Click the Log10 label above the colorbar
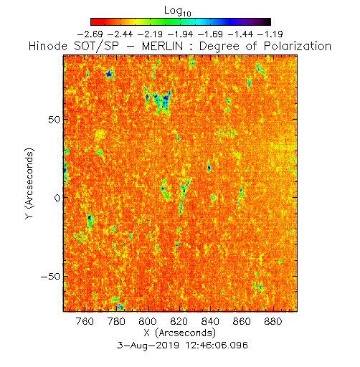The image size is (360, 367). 178,11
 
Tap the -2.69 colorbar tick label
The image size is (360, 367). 90,34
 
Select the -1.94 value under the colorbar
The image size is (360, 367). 181,34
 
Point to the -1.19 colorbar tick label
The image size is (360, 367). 270,34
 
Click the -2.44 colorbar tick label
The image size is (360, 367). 120,34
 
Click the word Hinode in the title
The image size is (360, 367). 48,46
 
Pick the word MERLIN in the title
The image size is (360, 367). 162,46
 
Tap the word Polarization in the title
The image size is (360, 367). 298,46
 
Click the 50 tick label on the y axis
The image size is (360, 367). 54,120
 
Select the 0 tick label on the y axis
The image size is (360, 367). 57,198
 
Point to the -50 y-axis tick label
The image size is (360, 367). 51,277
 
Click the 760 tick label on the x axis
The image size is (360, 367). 85,321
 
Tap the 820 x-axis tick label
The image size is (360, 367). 179,321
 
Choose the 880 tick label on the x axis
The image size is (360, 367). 273,321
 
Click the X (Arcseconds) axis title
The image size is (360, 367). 180,333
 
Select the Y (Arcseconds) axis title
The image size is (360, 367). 29,183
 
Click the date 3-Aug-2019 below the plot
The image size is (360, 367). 148,345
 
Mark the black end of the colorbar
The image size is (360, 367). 268,22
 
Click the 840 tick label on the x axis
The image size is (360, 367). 210,321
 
